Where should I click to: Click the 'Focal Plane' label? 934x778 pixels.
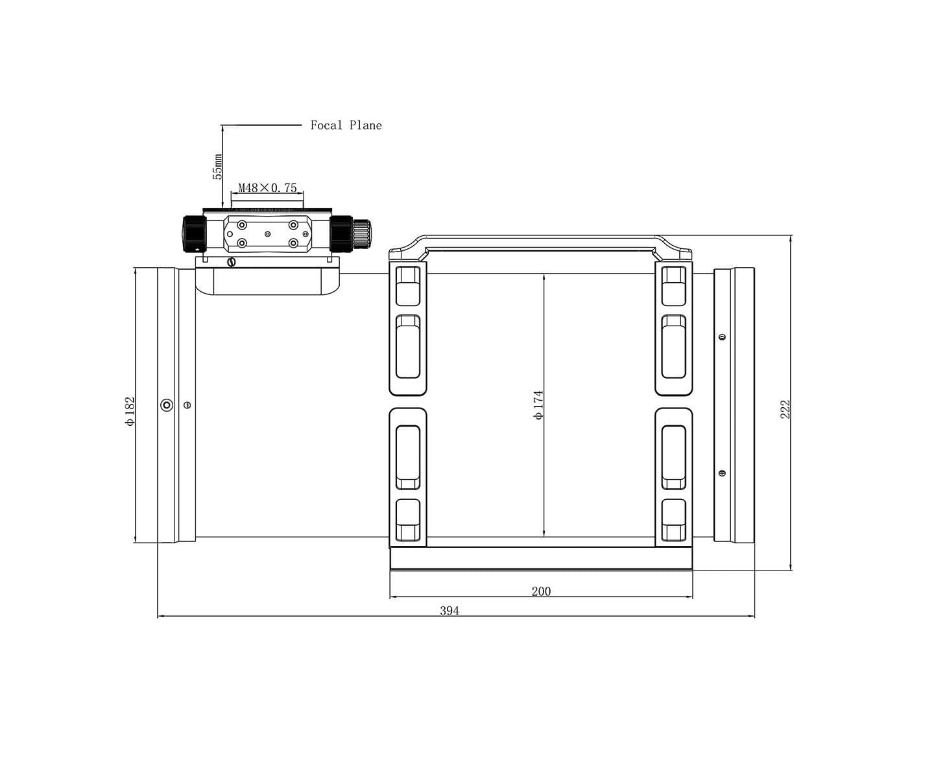346,125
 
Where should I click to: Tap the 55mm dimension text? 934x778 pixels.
217,167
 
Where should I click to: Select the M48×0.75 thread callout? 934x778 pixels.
267,187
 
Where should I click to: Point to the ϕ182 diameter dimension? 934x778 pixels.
130,411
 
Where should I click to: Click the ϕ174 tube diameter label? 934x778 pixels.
538,405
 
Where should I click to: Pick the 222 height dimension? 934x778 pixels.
785,409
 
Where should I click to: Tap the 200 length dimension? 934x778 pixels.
541,591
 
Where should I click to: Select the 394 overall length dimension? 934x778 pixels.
449,611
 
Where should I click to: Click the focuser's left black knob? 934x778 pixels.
194,234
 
